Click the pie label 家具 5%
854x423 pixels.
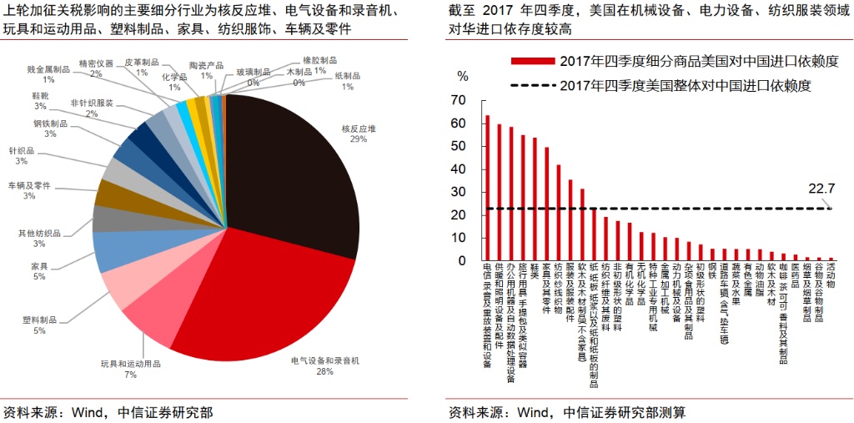pos(38,270)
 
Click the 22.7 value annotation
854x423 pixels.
pos(821,189)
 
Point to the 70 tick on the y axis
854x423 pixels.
pos(458,100)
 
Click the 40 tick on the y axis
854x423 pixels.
pos(458,169)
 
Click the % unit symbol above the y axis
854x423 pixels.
pos(463,76)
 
